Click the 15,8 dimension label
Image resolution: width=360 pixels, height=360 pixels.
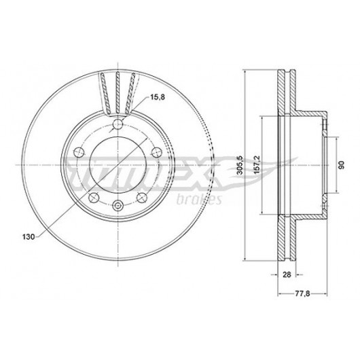click(x=158, y=97)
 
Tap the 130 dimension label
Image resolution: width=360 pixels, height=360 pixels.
click(x=29, y=236)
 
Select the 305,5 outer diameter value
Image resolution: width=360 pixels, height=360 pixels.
click(x=240, y=165)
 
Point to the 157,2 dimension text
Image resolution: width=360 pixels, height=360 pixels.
click(x=257, y=165)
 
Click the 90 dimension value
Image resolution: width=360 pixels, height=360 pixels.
click(x=342, y=165)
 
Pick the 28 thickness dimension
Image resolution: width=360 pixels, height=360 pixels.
click(x=287, y=274)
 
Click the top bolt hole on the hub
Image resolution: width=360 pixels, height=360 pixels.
click(x=118, y=124)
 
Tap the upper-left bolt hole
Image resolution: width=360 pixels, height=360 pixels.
click(x=79, y=152)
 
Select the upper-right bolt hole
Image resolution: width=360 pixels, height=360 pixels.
click(x=157, y=152)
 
